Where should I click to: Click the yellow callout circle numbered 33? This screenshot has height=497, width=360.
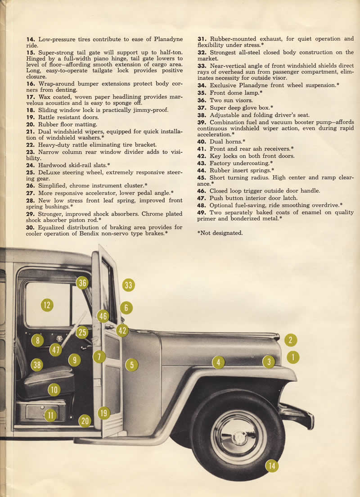coord(129,285)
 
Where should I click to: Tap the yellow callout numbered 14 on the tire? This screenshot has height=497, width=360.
coord(271,465)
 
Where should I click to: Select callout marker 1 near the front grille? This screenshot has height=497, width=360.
coord(293,357)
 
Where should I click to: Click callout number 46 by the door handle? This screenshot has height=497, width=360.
coord(103,316)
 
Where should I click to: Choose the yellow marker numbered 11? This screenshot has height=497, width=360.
coord(50,415)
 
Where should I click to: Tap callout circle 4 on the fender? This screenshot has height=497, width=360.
coord(218,362)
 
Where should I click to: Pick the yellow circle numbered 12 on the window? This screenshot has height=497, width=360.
coord(47,305)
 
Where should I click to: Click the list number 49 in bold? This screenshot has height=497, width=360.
coord(202,212)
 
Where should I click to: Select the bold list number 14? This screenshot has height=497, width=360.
coord(31,39)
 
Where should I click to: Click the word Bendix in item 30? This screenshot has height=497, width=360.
coord(103,233)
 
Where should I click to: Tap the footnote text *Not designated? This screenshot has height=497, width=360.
coord(220,233)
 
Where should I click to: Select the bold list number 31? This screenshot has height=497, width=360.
coord(202,39)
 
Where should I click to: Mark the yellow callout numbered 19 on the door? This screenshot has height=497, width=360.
coord(104,413)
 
